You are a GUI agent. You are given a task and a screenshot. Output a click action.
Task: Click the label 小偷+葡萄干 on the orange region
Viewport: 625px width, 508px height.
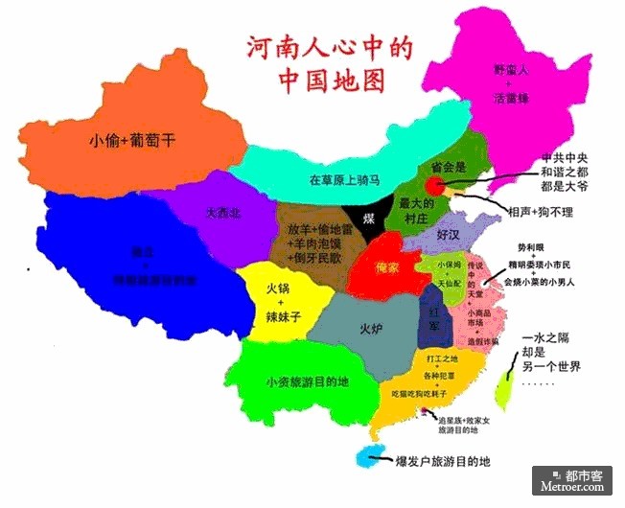click(x=131, y=140)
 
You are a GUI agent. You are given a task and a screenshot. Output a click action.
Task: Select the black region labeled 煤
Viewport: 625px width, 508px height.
click(x=370, y=219)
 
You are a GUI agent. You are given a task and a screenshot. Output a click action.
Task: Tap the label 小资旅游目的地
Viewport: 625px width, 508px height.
click(x=307, y=381)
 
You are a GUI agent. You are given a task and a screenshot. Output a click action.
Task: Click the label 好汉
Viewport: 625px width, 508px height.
click(x=449, y=234)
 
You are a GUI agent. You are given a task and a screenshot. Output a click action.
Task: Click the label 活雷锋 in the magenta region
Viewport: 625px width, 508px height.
click(x=511, y=98)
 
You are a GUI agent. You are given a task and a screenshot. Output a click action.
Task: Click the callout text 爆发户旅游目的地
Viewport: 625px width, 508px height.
click(x=443, y=462)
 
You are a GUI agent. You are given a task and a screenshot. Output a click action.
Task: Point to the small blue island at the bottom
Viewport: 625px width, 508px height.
click(x=367, y=459)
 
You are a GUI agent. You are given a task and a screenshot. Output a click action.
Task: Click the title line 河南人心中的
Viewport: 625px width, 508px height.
click(x=316, y=47)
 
